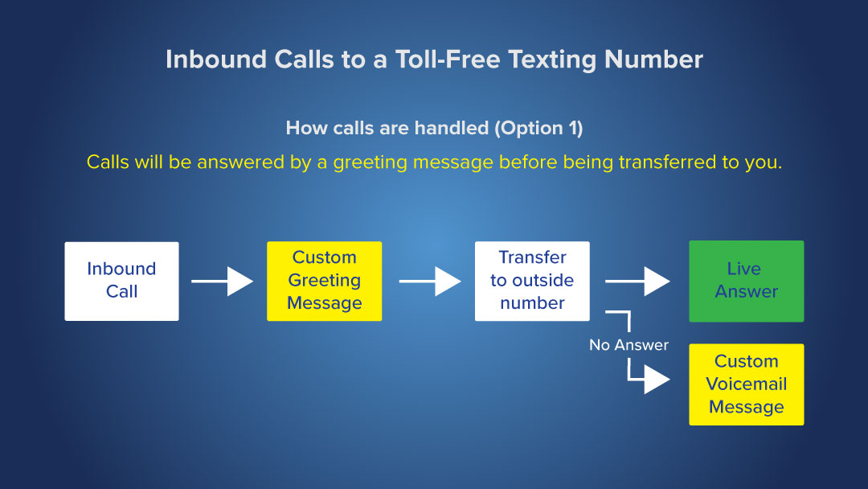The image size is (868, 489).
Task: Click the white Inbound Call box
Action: [122, 281]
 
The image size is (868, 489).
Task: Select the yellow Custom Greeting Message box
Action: [325, 281]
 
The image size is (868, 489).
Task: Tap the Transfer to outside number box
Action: [532, 281]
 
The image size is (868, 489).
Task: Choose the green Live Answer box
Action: [746, 281]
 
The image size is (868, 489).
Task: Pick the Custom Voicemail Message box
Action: [746, 384]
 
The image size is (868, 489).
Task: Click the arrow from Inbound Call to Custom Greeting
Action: [222, 281]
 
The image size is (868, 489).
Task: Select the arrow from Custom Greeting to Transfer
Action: [429, 281]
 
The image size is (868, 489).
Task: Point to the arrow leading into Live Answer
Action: [637, 281]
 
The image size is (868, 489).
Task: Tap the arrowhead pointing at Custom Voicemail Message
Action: [657, 380]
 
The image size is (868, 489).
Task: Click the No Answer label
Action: [628, 345]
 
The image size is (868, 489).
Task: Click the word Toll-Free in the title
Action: [448, 60]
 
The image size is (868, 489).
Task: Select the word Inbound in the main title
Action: [216, 60]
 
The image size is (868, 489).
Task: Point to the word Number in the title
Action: [653, 60]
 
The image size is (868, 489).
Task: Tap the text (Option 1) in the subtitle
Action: [538, 128]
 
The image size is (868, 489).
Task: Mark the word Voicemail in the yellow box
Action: [746, 384]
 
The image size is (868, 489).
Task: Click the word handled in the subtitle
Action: [451, 128]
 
